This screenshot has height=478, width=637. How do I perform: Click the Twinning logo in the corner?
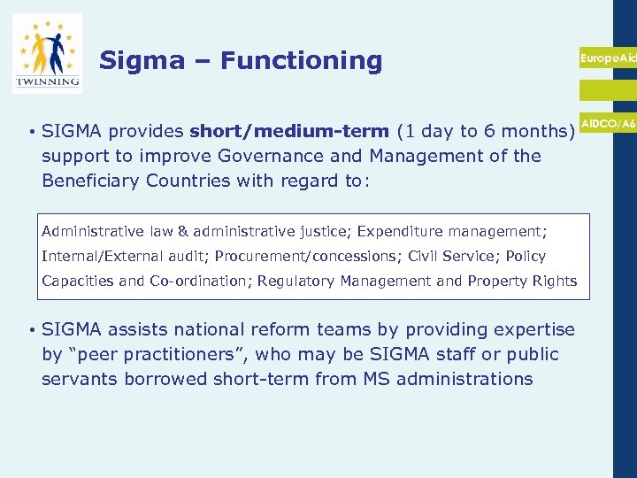click(47, 53)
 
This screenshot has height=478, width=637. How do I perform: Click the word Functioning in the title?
click(301, 60)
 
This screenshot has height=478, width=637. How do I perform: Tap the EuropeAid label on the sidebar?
click(609, 58)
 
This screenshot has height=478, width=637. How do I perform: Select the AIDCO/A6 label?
click(609, 124)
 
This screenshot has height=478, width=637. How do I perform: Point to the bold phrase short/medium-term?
click(288, 132)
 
